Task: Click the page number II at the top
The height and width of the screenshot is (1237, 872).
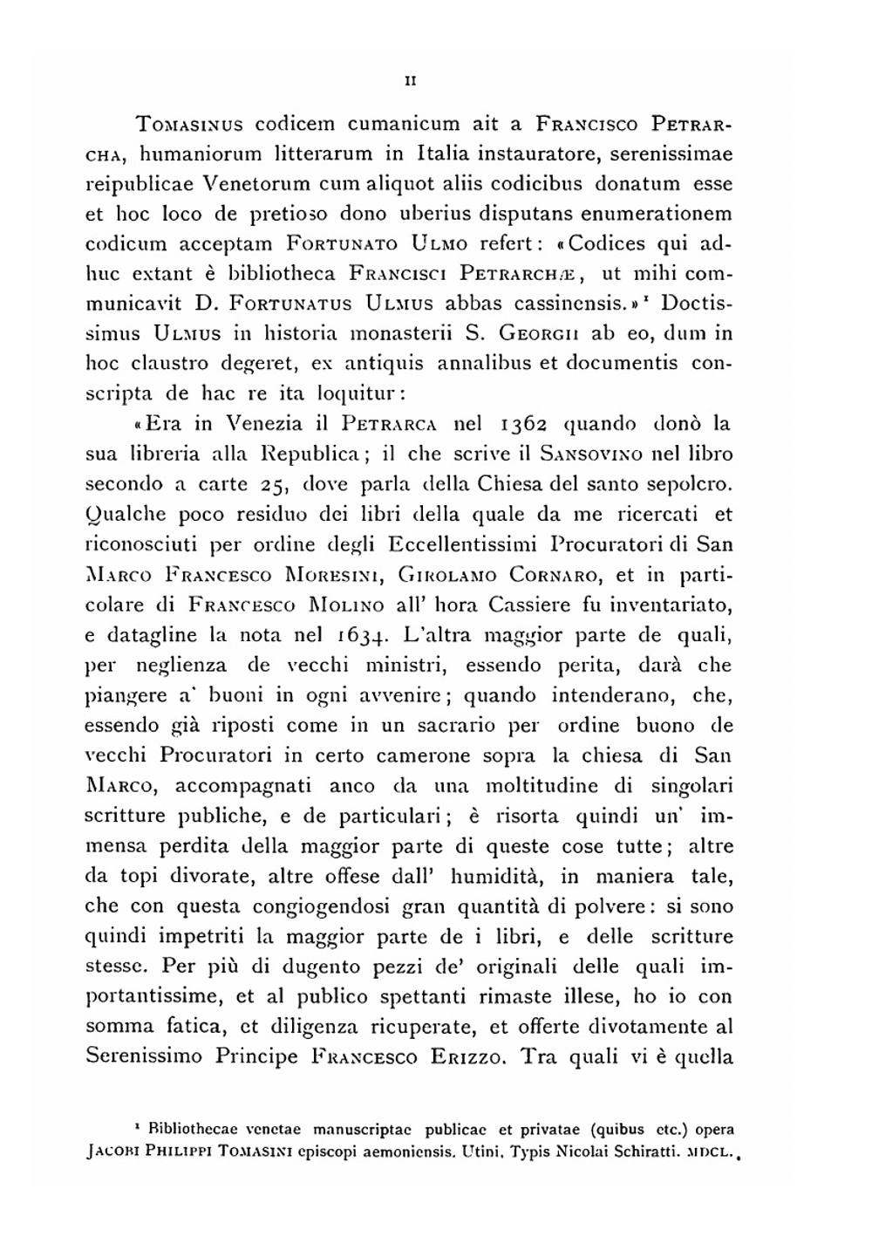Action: [410, 81]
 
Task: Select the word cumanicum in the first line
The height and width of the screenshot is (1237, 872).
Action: [405, 124]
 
